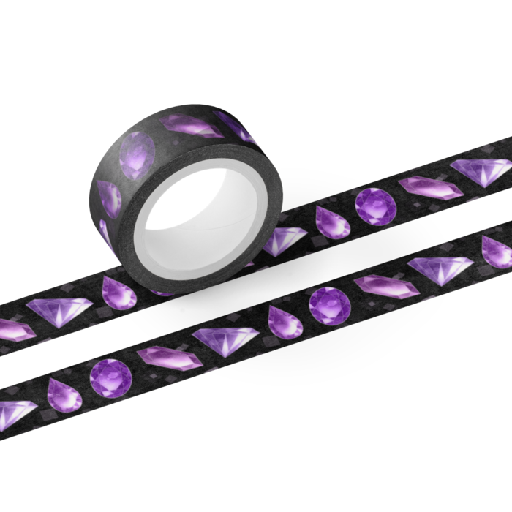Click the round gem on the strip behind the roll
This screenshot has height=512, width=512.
click(376, 206)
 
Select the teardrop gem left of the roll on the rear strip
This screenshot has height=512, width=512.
click(118, 292)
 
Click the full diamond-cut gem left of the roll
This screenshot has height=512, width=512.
click(61, 310)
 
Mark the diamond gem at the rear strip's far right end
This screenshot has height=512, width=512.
click(481, 170)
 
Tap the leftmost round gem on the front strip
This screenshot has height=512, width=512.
click(111, 377)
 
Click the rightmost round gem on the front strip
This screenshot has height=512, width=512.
click(328, 305)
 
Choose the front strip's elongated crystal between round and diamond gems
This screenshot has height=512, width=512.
click(386, 285)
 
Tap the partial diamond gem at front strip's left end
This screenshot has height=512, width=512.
click(15, 414)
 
